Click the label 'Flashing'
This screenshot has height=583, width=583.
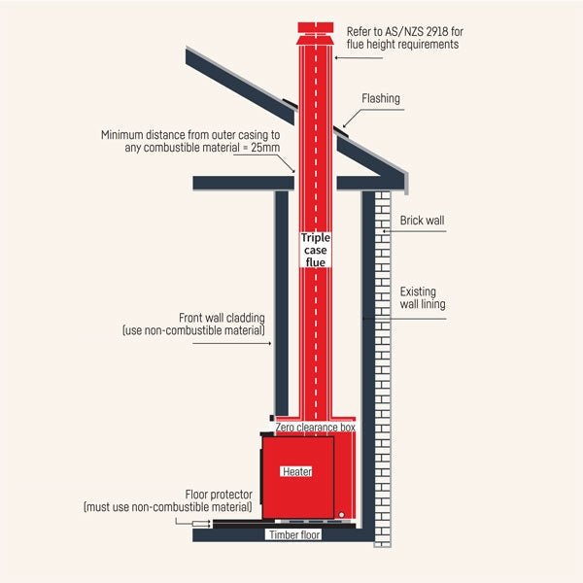[x=381, y=99]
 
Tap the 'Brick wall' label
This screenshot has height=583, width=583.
[x=422, y=222]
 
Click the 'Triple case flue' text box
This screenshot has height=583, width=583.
[x=316, y=249]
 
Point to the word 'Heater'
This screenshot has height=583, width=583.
[x=296, y=471]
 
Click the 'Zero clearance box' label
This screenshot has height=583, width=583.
[x=316, y=427]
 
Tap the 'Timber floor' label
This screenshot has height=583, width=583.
[x=294, y=534]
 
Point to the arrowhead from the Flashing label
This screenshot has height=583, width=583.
[x=342, y=127]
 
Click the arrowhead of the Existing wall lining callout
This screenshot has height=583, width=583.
[x=364, y=318]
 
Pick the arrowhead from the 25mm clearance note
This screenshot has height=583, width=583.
[x=295, y=170]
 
